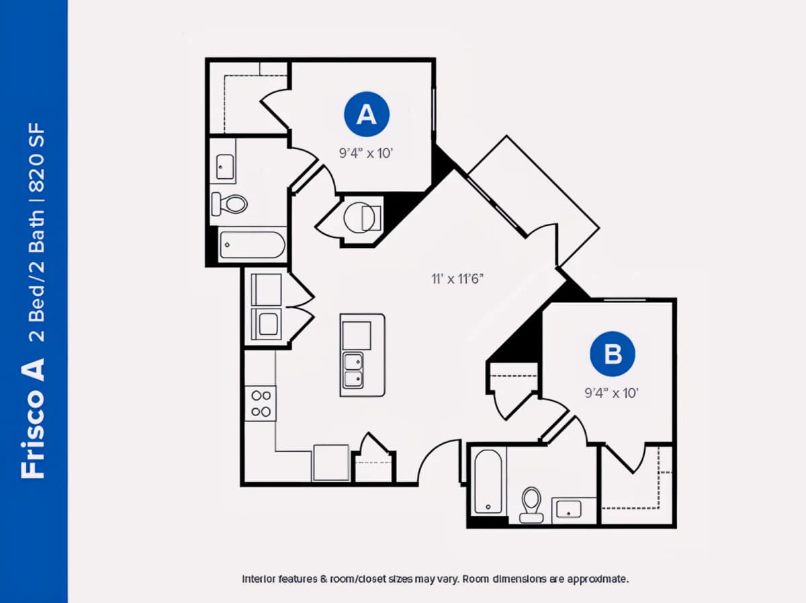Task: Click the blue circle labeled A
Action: click(367, 114)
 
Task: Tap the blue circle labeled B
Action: click(612, 354)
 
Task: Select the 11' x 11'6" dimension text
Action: click(457, 279)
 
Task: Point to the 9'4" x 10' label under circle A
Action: click(366, 153)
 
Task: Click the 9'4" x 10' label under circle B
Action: click(611, 393)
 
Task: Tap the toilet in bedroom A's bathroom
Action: click(230, 204)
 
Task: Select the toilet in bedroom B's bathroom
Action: click(531, 505)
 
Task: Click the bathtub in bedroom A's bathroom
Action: click(253, 245)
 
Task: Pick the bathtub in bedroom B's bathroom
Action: click(488, 481)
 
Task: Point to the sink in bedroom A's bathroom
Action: click(225, 167)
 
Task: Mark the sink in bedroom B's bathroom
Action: click(568, 510)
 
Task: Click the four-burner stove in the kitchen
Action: click(261, 403)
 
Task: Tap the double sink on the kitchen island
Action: click(353, 370)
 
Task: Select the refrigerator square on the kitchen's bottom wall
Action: click(331, 463)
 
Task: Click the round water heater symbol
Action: click(359, 218)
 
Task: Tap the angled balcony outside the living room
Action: click(533, 200)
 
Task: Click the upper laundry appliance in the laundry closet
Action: click(266, 289)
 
